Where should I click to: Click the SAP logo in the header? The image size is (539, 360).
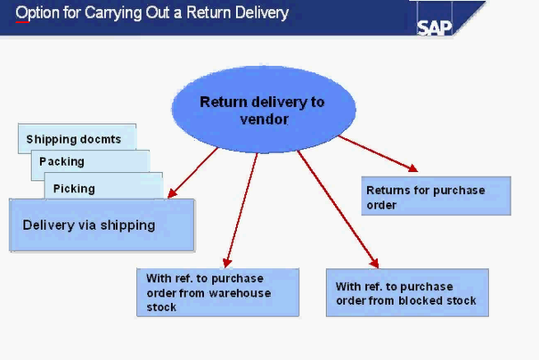point(435,25)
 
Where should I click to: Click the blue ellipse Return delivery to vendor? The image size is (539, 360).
point(262,110)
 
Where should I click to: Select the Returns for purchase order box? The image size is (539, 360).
point(436,196)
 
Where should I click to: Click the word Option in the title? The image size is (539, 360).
point(36,13)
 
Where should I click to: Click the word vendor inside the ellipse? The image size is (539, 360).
point(265,119)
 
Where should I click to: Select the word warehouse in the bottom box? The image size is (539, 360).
point(241,293)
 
